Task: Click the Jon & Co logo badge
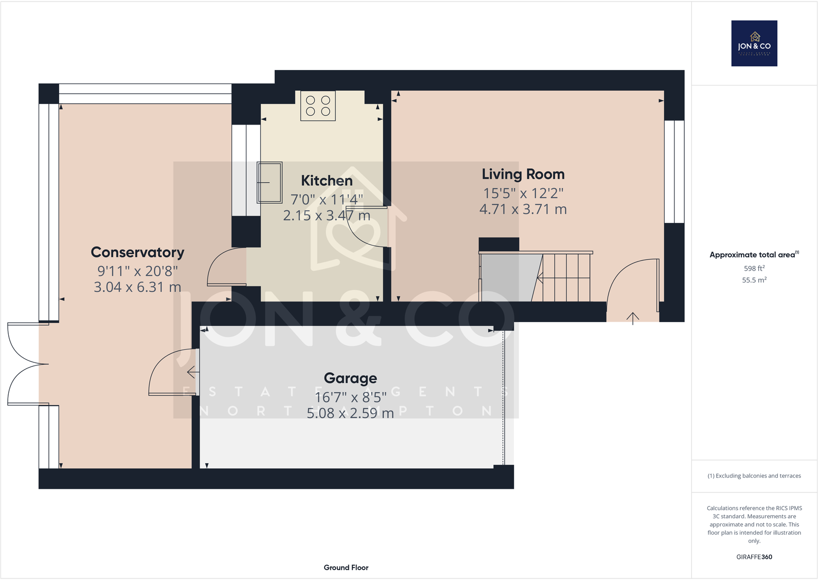click(754, 43)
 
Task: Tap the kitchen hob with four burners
click(318, 106)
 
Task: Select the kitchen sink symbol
click(270, 182)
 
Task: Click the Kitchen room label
click(327, 181)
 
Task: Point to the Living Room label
click(523, 174)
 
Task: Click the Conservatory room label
click(137, 252)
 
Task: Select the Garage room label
click(350, 378)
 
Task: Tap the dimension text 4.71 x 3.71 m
click(523, 209)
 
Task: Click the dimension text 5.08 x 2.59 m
click(350, 413)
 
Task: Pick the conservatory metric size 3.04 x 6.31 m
click(137, 287)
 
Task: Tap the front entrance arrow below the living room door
click(633, 318)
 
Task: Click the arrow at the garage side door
click(193, 371)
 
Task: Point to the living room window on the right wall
click(674, 171)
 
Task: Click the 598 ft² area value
click(754, 268)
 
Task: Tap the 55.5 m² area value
click(754, 280)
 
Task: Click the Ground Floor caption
click(346, 567)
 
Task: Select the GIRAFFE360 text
click(754, 557)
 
